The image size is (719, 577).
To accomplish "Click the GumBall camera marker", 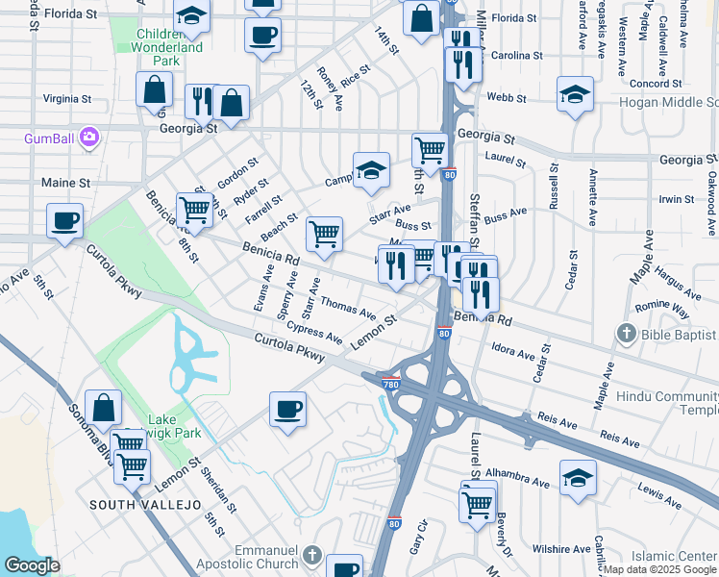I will click(x=89, y=138).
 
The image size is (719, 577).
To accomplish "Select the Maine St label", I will click(x=65, y=182).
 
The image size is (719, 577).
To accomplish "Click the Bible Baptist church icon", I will click(x=626, y=334).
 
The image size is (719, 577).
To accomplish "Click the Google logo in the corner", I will click(x=32, y=564).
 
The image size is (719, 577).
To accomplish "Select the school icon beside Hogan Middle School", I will click(x=575, y=94).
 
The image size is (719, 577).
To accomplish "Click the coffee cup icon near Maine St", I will click(x=65, y=221).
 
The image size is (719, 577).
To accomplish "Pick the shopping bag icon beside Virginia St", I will click(x=155, y=89).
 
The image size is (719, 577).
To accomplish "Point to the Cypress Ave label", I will click(x=314, y=333).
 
